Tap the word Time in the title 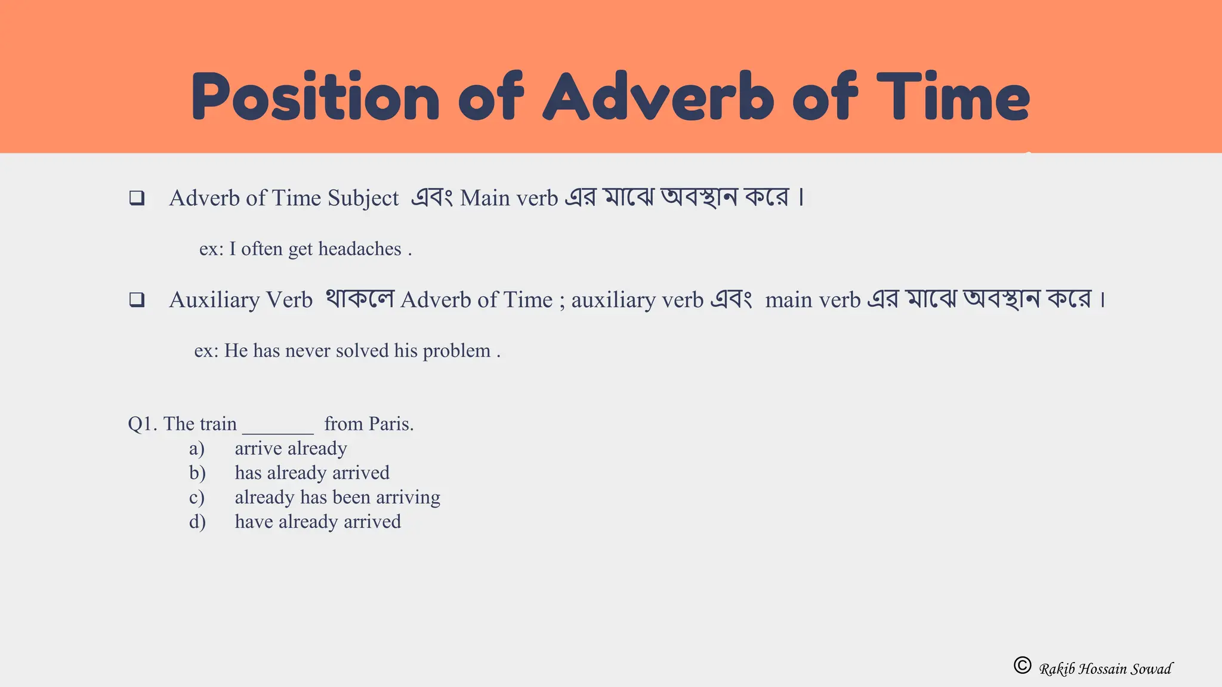pos(953,97)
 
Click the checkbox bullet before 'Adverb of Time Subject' pos(137,198)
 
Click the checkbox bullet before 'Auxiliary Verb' pos(137,299)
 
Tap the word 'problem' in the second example pos(456,351)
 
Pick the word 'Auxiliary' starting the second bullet pos(214,300)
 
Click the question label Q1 pos(142,424)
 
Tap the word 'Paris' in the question pos(390,424)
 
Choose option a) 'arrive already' pos(291,448)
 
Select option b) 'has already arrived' pos(311,473)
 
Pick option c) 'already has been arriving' pos(337,497)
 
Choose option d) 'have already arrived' pos(317,522)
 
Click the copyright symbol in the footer pos(1022,665)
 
